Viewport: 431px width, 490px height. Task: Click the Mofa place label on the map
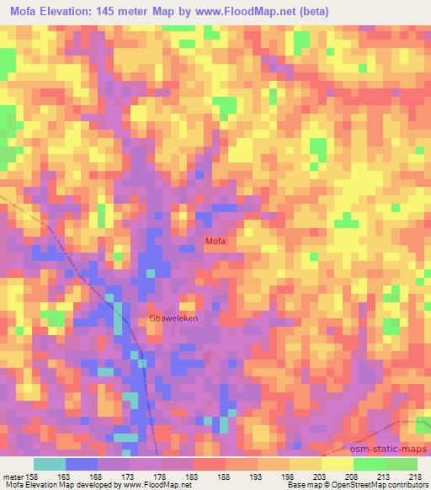215,242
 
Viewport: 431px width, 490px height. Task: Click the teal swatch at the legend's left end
50,463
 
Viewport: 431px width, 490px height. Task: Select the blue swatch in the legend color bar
82,463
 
